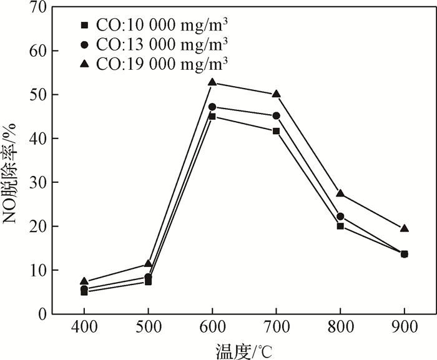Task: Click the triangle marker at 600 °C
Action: tap(212, 82)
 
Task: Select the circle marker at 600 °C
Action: tap(212, 107)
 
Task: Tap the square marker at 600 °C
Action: tap(212, 116)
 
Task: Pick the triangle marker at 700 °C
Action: tap(276, 94)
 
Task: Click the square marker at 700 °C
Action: tap(276, 131)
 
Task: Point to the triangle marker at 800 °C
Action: tap(340, 193)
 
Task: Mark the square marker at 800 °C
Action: tap(340, 226)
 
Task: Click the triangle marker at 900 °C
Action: tap(405, 228)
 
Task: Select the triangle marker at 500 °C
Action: tap(148, 263)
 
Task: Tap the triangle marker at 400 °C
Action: tap(84, 281)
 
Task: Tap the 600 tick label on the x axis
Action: tap(212, 328)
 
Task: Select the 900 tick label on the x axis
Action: tap(405, 328)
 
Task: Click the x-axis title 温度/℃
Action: tap(244, 350)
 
